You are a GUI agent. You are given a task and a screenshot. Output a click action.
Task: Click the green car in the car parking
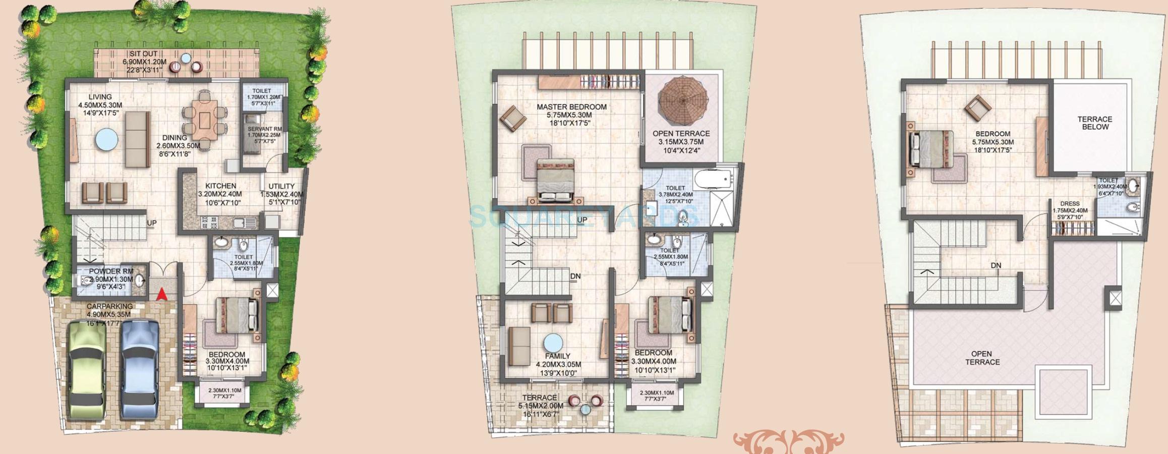pos(86,369)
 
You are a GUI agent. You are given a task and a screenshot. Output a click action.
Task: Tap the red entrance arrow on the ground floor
pos(162,293)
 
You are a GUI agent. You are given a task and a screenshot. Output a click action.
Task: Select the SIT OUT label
pos(144,54)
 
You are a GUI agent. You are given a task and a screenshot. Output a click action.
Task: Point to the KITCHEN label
pos(220,186)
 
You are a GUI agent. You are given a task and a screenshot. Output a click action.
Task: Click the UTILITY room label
pos(281,186)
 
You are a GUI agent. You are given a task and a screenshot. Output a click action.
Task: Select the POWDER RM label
pos(111,271)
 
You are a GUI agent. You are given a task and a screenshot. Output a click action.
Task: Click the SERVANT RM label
pos(265,129)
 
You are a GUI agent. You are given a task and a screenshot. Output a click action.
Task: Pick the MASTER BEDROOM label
pos(571,107)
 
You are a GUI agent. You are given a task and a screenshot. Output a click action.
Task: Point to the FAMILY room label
pos(557,356)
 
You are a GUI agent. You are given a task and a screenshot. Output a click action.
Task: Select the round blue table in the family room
pos(553,343)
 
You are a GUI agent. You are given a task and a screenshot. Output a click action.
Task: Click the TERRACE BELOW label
pos(1095,123)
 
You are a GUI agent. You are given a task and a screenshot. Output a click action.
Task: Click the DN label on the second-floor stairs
pos(996,266)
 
